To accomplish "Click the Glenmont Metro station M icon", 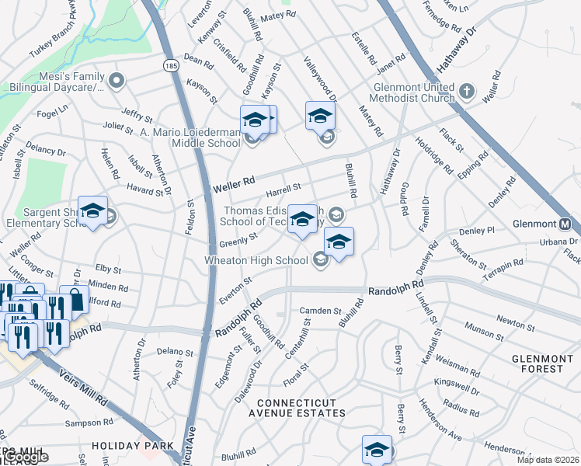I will coord(566,224).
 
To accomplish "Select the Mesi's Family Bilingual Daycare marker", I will coord(117,79).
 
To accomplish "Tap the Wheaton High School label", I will coord(259,260).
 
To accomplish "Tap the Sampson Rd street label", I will coord(89,423).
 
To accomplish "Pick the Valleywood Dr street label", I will coord(320,78).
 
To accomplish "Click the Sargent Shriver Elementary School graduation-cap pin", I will coord(92,212).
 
